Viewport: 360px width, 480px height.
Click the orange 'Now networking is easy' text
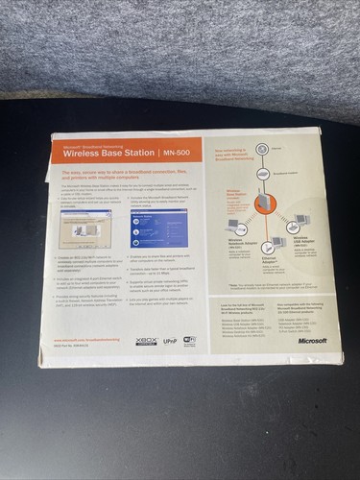click(x=233, y=153)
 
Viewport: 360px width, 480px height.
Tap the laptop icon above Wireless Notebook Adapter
click(x=232, y=228)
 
